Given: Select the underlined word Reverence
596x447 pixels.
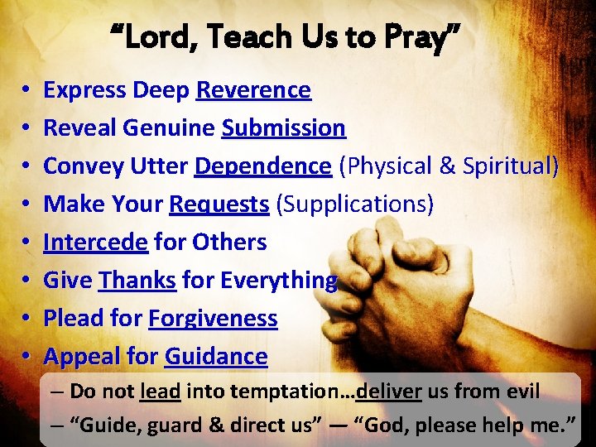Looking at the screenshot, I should pyautogui.click(x=253, y=90).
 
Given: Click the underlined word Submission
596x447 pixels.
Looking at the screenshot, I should pyautogui.click(x=283, y=128).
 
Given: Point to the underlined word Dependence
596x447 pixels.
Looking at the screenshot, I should pyautogui.click(x=262, y=166).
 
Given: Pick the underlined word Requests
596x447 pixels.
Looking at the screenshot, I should pyautogui.click(x=219, y=204).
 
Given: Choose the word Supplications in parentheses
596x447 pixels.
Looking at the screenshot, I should pyautogui.click(x=355, y=204).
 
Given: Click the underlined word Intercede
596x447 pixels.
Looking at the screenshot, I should pyautogui.click(x=95, y=243).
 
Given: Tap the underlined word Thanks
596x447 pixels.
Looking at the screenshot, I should pyautogui.click(x=137, y=281).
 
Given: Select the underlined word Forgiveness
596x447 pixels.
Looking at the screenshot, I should pyautogui.click(x=213, y=319).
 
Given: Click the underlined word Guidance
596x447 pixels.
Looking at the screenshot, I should pyautogui.click(x=216, y=357).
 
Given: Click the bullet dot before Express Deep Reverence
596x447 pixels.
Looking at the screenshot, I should pyautogui.click(x=27, y=90).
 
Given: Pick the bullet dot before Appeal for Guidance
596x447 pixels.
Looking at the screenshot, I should pyautogui.click(x=27, y=357).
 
